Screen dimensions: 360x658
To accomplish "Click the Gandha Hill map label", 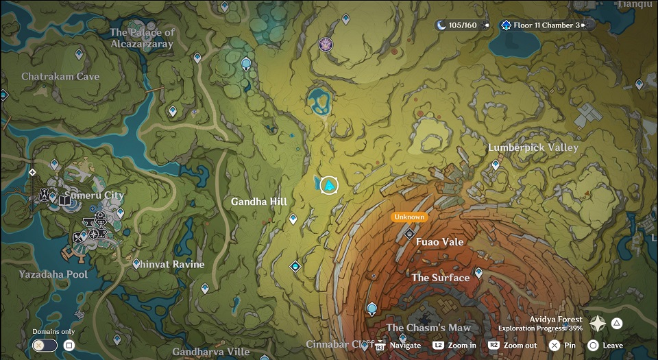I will click(259, 202).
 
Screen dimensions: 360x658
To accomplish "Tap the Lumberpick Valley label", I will click(533, 147).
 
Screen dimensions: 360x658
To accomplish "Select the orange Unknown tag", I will click(409, 217).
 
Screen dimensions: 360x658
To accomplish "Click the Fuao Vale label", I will click(439, 242).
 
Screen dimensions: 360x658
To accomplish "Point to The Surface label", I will click(440, 278).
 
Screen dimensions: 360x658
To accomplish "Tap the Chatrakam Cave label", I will click(60, 77).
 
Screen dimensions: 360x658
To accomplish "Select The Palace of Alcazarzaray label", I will click(143, 38).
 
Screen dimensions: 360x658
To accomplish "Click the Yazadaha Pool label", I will click(53, 274).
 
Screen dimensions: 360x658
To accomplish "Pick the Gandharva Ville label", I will click(211, 352).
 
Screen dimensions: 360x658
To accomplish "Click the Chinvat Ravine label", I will click(170, 265).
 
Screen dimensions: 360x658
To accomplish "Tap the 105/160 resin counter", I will click(461, 25).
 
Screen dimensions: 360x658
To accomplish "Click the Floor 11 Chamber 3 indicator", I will click(545, 25).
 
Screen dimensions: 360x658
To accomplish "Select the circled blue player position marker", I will click(330, 185).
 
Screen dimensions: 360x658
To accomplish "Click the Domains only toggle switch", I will click(45, 346).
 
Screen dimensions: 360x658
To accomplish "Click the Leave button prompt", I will click(605, 346).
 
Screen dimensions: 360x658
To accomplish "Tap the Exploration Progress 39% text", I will click(540, 328).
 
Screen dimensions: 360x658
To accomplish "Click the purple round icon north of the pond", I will click(326, 45).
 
